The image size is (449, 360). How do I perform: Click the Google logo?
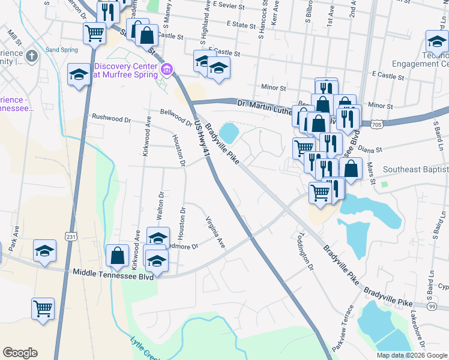pos(20,353)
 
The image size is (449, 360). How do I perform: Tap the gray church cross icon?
pos(32,56)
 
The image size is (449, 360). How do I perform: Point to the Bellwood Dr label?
pos(175,113)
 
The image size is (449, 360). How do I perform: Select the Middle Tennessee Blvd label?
pos(113,272)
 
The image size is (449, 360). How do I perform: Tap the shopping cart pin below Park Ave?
pos(43,309)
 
